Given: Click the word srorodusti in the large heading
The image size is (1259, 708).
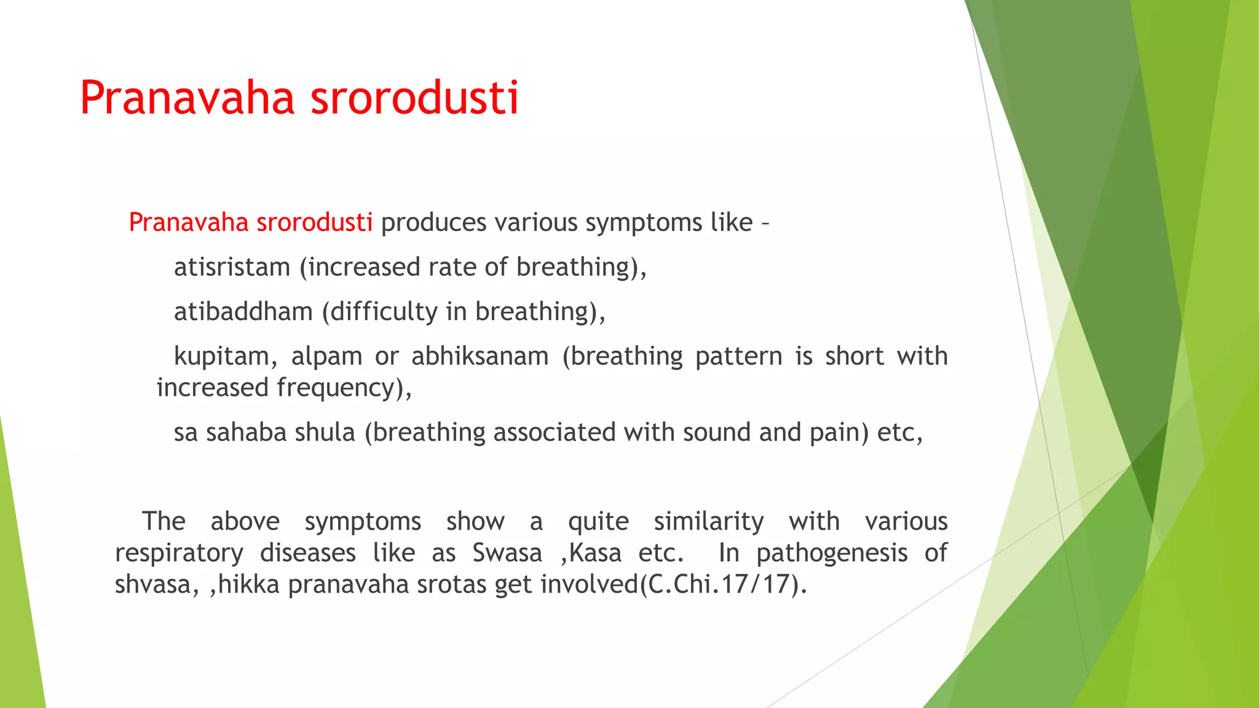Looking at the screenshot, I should coord(414,98).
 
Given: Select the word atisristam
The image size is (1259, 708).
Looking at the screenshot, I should coord(232,267).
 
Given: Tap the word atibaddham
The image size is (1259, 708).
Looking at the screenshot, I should coord(243,312).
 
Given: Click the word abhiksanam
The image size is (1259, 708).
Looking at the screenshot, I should coord(480,356).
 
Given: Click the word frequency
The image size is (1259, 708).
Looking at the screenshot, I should coord(341,388).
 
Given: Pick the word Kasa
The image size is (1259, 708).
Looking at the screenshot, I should coord(595,553).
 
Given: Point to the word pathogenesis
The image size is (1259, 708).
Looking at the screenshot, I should coord(832,553).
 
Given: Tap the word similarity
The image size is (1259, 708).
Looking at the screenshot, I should coord(708,522).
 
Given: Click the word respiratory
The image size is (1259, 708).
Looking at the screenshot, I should coord(179,553).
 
